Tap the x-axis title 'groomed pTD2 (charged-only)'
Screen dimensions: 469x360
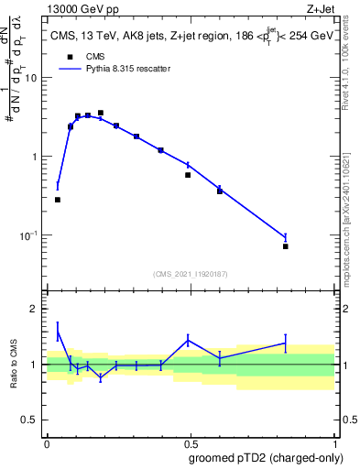pos(266,458)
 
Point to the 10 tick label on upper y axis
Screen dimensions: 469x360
pos(30,78)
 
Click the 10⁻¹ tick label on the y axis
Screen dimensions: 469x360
pos(27,235)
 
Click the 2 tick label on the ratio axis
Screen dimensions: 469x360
pos(34,309)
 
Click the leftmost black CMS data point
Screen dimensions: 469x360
pos(58,200)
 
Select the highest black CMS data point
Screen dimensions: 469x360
pos(101,113)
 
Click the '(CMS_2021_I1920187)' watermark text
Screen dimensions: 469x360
pos(190,273)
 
